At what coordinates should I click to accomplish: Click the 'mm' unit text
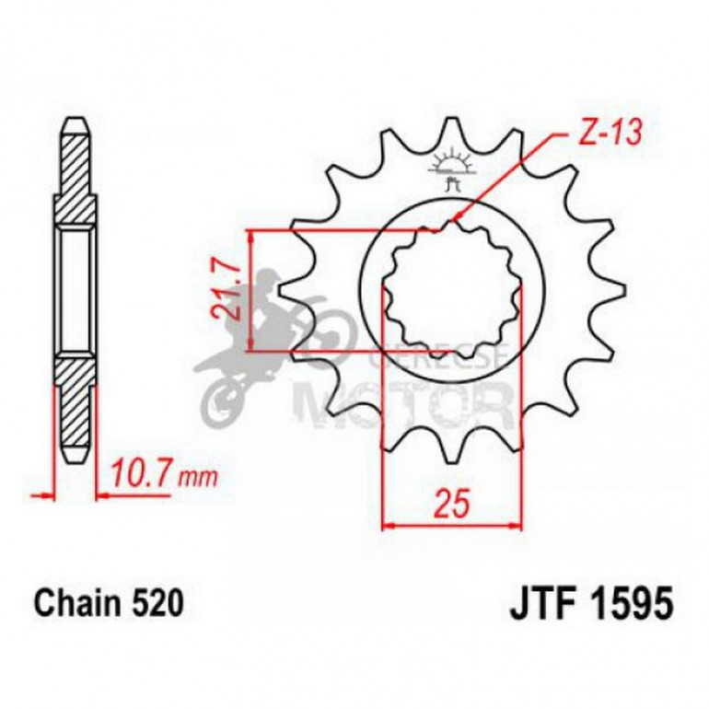[195, 478]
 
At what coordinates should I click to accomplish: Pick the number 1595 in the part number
[625, 605]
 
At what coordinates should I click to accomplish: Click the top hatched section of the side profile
[76, 180]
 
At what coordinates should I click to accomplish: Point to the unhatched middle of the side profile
[76, 290]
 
